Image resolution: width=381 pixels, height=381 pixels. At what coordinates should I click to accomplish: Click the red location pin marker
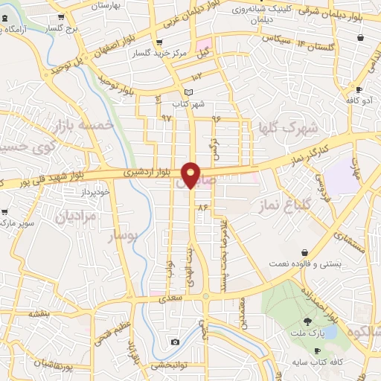click(191, 175)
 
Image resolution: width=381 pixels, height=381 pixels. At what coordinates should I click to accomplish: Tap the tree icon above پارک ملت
click(308, 321)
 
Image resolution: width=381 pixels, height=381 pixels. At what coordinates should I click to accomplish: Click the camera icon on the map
click(174, 342)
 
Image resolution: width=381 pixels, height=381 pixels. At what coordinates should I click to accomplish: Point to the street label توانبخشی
click(168, 365)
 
